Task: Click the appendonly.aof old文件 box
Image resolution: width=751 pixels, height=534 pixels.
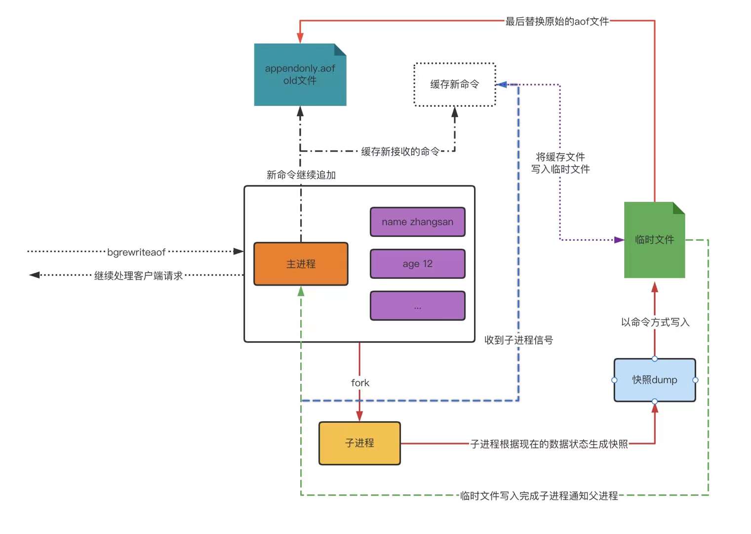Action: (x=300, y=75)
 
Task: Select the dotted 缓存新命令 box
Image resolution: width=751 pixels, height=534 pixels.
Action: (x=454, y=85)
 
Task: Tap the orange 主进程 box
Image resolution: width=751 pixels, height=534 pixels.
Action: (x=301, y=264)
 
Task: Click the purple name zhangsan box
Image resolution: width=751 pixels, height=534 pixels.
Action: (x=417, y=222)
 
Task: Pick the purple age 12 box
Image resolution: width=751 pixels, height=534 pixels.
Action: (x=417, y=264)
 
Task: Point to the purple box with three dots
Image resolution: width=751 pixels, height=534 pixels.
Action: (x=417, y=306)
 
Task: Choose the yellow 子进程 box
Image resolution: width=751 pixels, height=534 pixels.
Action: (x=359, y=443)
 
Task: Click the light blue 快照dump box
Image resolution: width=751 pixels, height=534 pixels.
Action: (x=654, y=380)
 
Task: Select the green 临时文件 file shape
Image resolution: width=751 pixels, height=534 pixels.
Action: (x=654, y=240)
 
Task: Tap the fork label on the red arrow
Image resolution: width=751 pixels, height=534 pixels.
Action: (x=360, y=383)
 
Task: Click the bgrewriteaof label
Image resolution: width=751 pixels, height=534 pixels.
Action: (x=136, y=252)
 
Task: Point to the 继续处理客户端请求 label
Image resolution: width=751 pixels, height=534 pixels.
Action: (x=138, y=275)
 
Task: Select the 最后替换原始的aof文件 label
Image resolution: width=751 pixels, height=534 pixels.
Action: (x=556, y=21)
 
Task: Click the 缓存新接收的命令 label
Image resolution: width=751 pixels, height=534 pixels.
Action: (x=400, y=151)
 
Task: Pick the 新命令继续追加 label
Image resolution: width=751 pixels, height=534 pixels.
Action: (x=301, y=175)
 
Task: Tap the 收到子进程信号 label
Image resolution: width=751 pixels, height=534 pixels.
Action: (x=518, y=340)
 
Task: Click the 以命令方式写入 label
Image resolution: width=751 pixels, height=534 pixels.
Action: (x=655, y=322)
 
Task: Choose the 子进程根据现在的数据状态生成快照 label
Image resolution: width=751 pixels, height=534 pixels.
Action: (x=549, y=444)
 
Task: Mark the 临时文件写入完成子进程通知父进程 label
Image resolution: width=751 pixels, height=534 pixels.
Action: (x=539, y=495)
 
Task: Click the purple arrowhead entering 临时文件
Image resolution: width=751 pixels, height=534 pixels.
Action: (x=619, y=240)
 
